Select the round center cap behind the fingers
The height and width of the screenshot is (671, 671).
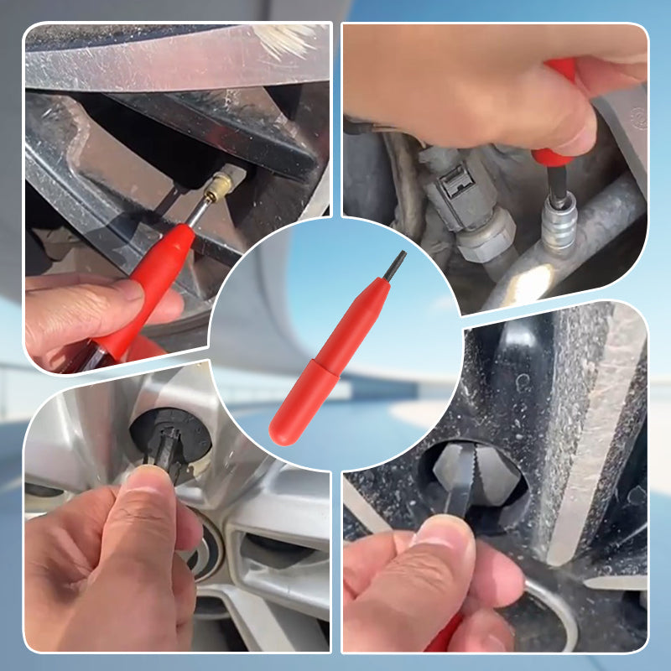point(210,554)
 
